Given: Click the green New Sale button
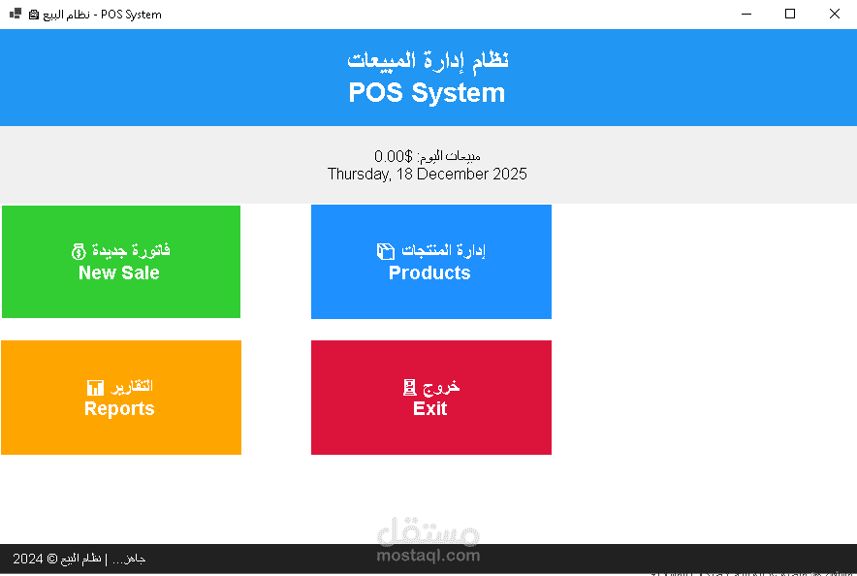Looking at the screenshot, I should (121, 262).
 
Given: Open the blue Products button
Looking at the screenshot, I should (430, 262).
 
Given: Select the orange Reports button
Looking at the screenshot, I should (121, 397).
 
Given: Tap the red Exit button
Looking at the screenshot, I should (430, 397).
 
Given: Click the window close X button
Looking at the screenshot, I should (834, 14).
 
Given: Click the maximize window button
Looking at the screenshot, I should (790, 14).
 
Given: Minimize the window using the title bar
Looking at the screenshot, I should (746, 14).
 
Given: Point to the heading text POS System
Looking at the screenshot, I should (427, 93).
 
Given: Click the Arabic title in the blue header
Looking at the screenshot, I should (428, 59).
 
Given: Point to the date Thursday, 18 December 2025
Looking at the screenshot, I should (427, 175).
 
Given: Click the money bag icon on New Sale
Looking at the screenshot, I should (79, 251).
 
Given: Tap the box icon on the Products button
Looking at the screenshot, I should (385, 251).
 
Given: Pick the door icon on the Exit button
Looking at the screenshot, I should (409, 387).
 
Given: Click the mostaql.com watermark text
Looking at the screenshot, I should (428, 556).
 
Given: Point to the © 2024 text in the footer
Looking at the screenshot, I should (28, 559).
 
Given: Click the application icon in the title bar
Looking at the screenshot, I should (16, 14).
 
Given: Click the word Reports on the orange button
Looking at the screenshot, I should (119, 408).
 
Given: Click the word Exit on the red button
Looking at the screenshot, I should (429, 408).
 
